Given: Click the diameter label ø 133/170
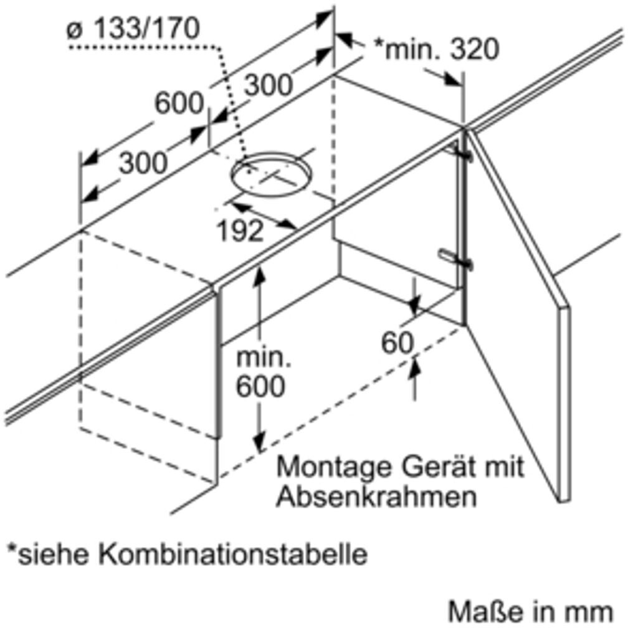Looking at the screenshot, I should (133, 29).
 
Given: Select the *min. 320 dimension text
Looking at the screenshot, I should (436, 49).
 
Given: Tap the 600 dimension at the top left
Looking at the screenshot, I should (179, 103).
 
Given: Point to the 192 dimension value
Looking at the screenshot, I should (240, 232).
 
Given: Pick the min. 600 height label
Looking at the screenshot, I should (260, 374).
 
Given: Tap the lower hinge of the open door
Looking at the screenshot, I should (457, 258).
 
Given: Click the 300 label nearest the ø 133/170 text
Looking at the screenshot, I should (267, 84).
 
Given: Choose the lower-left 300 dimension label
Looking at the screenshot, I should (143, 163).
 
